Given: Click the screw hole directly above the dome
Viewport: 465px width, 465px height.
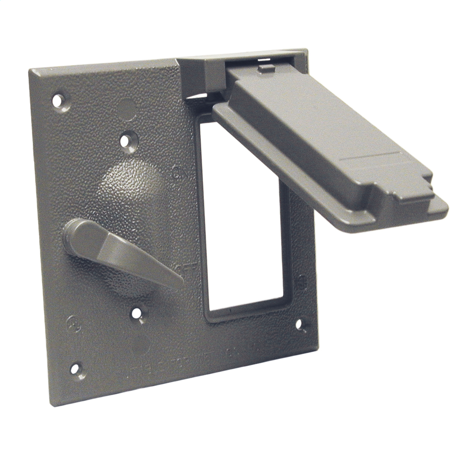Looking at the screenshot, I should tap(129, 141).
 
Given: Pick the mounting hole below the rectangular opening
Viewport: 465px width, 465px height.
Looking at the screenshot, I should tap(300, 324).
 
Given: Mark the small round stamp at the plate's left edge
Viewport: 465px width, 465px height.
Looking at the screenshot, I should tap(73, 323).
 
